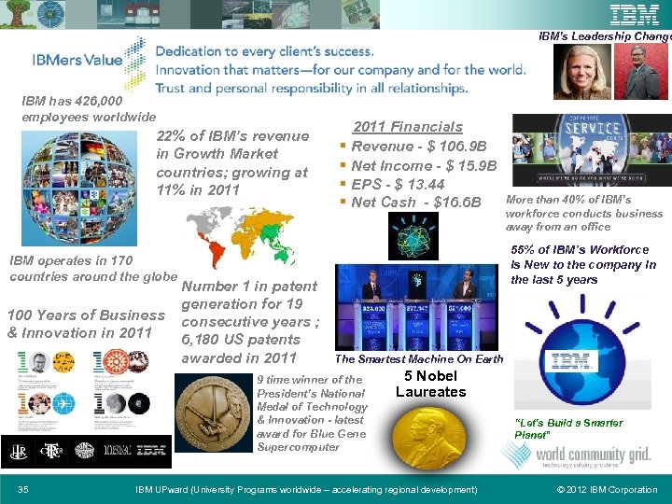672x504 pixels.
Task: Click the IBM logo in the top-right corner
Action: (635, 15)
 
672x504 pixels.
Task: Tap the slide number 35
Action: (23, 490)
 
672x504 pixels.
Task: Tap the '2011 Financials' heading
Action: (407, 127)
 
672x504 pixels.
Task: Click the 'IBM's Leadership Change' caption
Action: (605, 37)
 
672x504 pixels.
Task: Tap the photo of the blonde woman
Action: (582, 72)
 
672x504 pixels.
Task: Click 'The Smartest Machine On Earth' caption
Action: (419, 359)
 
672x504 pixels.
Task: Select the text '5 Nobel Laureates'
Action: (430, 384)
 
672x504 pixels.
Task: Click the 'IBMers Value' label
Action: (77, 60)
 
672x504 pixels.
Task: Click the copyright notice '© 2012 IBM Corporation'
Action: (607, 490)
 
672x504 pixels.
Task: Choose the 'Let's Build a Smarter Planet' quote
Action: (568, 429)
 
